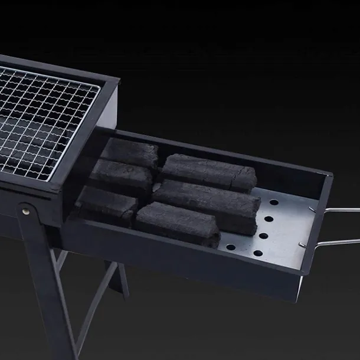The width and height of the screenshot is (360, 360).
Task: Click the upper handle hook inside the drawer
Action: (312, 208)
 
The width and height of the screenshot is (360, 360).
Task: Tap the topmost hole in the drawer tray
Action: (273, 202)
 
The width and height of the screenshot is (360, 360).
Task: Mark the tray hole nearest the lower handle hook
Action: (258, 253)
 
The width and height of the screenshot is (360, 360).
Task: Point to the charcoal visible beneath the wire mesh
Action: (30, 142)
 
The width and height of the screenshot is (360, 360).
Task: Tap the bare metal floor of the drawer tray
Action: (283, 230)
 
